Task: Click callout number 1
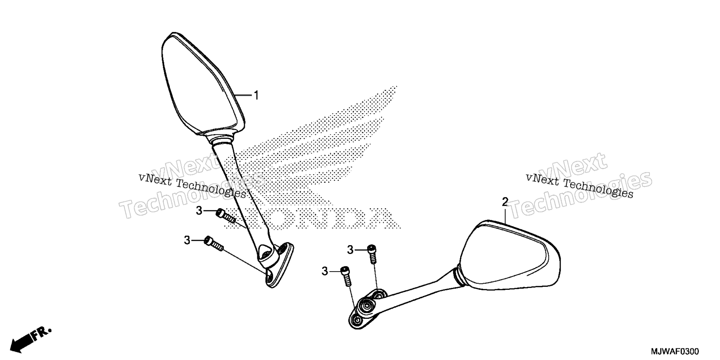coord(256,96)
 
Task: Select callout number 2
coord(505,202)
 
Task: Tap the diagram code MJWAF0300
coord(675,352)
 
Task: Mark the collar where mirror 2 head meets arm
coord(459,278)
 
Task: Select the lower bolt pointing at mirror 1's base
coord(214,243)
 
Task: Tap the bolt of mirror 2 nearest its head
coord(372,254)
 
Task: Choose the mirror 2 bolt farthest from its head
coord(346,277)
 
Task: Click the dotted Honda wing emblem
coord(315,146)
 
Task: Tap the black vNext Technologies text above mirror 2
coord(580,185)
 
